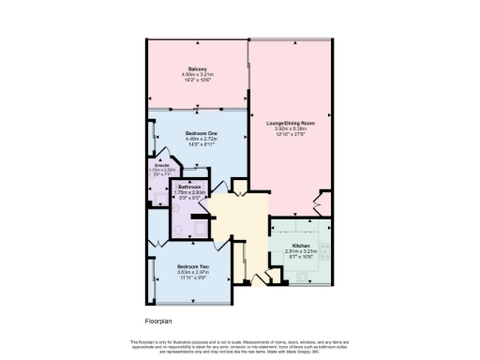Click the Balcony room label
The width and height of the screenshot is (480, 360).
tap(197, 69)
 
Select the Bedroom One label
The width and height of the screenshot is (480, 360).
tap(196, 133)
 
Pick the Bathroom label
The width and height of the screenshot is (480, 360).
tap(191, 187)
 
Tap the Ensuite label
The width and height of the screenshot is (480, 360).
tap(161, 165)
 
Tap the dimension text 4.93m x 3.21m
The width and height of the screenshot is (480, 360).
tap(197, 75)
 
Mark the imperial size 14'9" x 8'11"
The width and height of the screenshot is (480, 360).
tap(196, 144)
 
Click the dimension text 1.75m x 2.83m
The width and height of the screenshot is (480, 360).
tap(191, 192)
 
